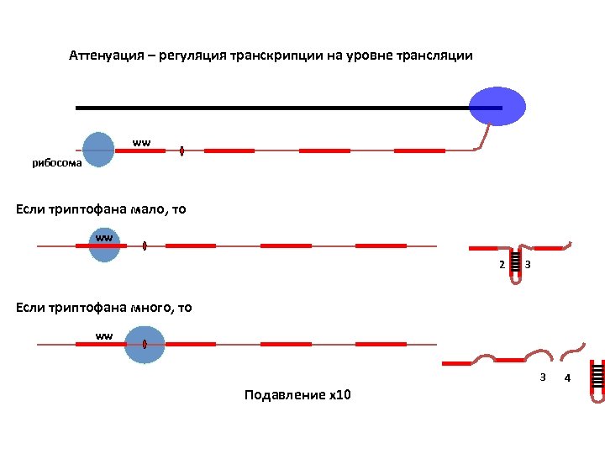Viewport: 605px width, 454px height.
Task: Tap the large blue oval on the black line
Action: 497,107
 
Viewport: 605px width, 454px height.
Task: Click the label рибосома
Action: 57,163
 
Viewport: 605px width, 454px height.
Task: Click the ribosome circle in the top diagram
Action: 98,149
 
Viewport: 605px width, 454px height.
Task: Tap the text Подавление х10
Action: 297,394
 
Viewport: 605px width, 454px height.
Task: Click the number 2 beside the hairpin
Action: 502,266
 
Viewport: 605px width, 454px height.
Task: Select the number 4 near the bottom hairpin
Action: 567,378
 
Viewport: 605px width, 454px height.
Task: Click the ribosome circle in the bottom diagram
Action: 144,344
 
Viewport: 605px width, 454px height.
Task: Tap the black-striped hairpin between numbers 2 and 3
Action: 514,264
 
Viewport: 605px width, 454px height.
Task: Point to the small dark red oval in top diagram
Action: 182,150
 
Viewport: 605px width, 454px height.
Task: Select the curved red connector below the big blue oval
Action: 484,135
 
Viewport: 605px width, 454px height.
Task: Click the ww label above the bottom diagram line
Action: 103,336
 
